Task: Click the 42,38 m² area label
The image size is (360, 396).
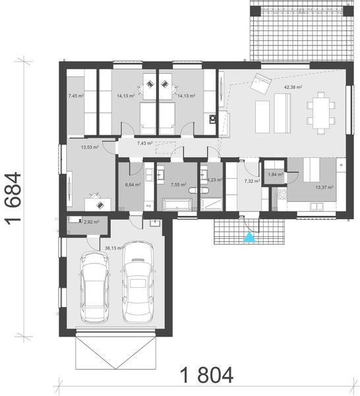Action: pyautogui.click(x=293, y=86)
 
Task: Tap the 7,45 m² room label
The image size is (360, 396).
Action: pyautogui.click(x=76, y=96)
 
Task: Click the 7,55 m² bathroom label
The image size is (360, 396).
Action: pyautogui.click(x=179, y=185)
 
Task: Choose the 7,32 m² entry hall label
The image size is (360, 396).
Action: pyautogui.click(x=251, y=180)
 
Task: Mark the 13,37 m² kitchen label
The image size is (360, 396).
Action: pyautogui.click(x=324, y=187)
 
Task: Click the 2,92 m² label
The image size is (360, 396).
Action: pyautogui.click(x=91, y=222)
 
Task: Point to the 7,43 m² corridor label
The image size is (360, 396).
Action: pyautogui.click(x=145, y=143)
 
